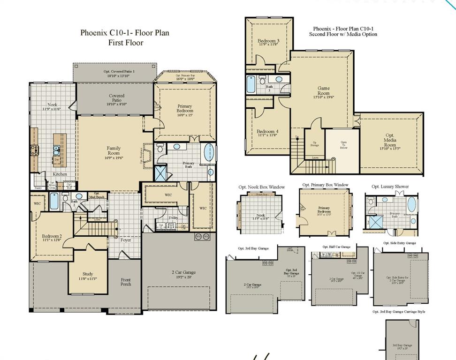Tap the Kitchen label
point(60,174)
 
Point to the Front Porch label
point(126,282)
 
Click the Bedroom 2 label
point(51,238)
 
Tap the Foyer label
point(126,240)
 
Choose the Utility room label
point(173,218)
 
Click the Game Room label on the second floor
point(324,91)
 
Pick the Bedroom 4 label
point(268,134)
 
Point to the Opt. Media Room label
point(390,142)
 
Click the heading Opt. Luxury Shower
point(390,187)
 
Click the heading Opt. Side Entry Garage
point(399,243)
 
